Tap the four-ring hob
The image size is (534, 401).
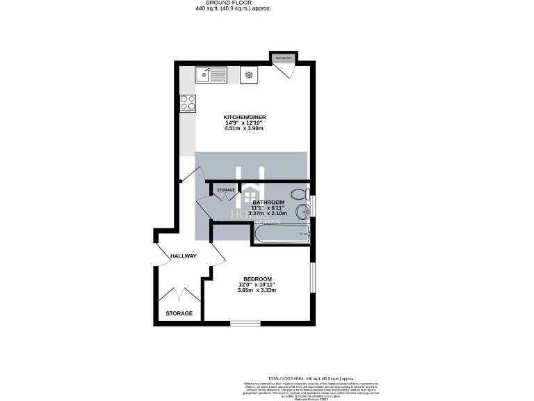188,103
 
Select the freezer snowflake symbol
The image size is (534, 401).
248,74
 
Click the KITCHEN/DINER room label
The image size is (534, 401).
245,116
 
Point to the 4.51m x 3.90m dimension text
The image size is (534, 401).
244,129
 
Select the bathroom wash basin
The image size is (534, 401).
303,212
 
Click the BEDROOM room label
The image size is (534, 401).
257,278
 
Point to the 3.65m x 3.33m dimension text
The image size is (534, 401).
257,290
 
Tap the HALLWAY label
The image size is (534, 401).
184,256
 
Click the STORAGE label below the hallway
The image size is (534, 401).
179,313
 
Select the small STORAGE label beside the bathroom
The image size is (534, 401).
225,190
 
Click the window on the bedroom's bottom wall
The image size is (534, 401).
245,323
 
